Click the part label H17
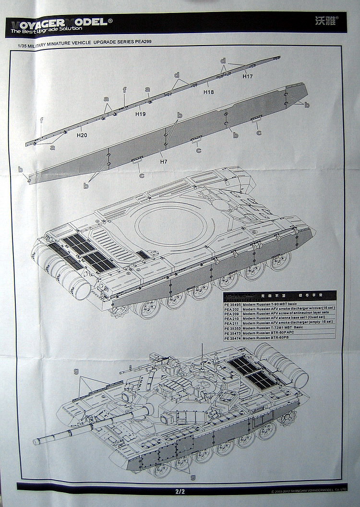point(248,76)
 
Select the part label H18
point(208,91)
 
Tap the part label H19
point(140,114)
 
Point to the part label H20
point(82,135)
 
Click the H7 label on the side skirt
point(164,161)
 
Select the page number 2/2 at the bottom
point(180,492)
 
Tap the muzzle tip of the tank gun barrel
point(35,441)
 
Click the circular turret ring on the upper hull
point(171,224)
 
